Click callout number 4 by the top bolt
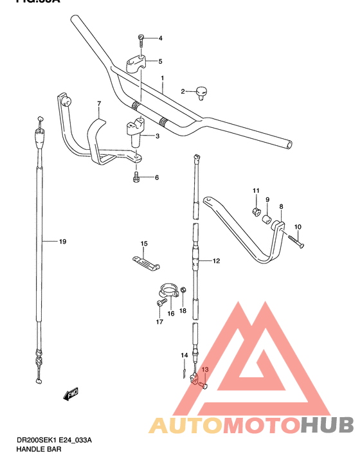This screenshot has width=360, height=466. coord(161,39)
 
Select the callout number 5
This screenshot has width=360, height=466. coord(161,62)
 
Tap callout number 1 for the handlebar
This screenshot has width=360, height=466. coord(163,78)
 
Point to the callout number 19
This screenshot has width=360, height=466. coord(62,242)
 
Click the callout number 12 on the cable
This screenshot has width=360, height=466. coord(217,261)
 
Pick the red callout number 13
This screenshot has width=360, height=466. coord(205,370)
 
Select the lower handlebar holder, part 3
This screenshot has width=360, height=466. coord(136,132)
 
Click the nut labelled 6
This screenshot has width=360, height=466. coord(136,177)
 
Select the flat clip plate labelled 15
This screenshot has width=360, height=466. coord(145,262)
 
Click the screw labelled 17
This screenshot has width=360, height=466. coord(159,301)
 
